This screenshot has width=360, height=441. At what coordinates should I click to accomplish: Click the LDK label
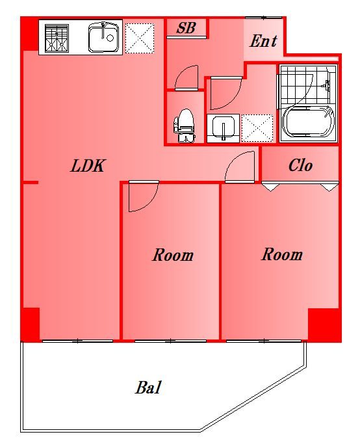pos(88,166)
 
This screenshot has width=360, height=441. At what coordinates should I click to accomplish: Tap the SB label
pos(186,29)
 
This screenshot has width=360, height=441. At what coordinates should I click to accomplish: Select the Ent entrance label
pos(263,42)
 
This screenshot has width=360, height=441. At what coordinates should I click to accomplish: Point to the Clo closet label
pos(300,165)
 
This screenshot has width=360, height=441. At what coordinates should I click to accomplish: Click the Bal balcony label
pos(148,388)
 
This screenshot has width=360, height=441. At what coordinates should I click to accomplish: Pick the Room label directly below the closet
pos(282,254)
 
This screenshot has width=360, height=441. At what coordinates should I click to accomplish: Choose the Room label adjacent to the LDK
pos(173,255)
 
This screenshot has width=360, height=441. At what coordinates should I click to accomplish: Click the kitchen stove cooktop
pos(57,38)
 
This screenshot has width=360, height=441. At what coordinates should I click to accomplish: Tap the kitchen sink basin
pos(103,37)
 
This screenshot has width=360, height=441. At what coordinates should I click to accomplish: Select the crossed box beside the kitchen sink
pos(139,38)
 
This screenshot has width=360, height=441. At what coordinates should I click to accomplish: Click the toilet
pos(185,124)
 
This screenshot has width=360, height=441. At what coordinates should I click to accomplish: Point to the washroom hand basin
pos(223,127)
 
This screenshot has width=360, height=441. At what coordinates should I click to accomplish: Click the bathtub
pos(307,123)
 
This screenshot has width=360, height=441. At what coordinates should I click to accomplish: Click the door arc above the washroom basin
pos(224,93)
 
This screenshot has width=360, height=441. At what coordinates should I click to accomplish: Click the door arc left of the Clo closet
pos(240,167)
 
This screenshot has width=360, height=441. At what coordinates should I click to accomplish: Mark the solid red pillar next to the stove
pos(29,34)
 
